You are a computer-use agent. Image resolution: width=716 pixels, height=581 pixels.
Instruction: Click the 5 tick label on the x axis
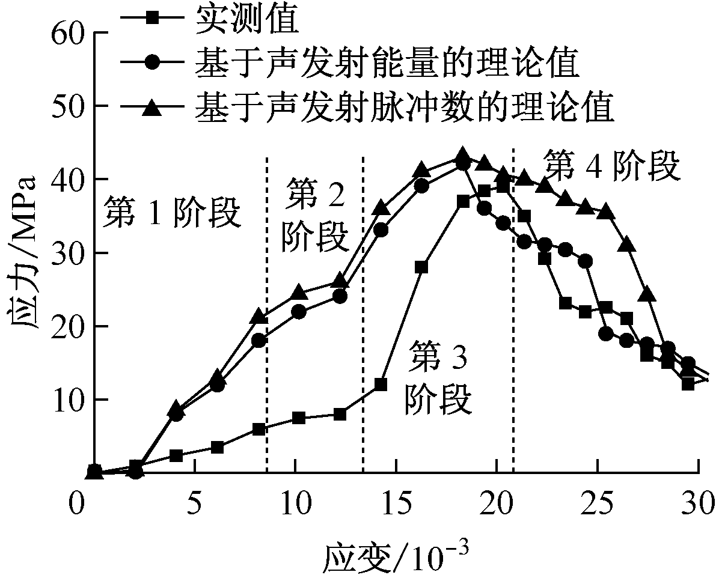[194, 500]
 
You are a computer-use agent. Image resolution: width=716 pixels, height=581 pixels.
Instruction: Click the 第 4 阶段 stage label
[611, 166]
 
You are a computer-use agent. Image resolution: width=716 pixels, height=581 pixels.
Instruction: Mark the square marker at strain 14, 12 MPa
[381, 384]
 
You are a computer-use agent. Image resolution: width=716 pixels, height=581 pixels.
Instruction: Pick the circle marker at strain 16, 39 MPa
[421, 186]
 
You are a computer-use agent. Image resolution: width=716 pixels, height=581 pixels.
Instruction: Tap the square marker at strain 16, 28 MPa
[421, 267]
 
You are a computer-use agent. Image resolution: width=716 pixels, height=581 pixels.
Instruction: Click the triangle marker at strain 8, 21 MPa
[259, 315]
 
